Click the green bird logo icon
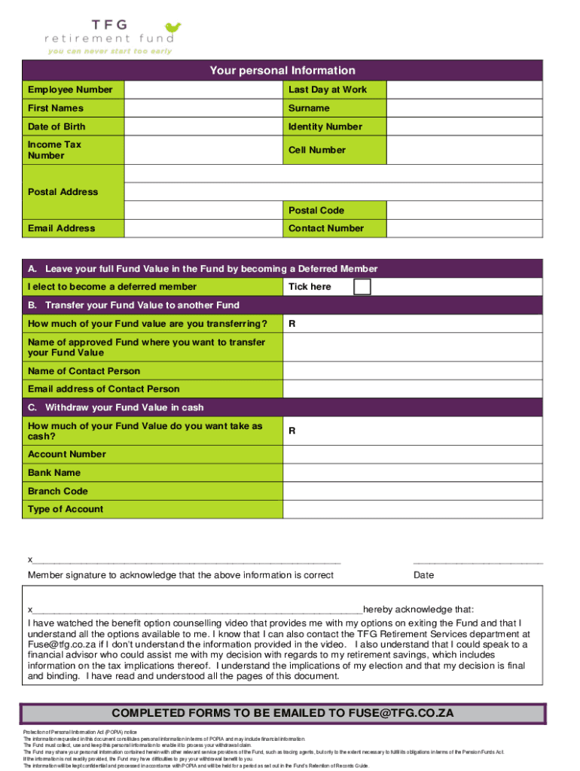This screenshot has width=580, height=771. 173,29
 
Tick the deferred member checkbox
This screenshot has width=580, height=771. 362,287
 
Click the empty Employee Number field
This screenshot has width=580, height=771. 204,90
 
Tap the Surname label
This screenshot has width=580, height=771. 309,108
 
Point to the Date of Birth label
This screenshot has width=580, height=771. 56,126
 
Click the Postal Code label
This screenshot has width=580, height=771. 316,210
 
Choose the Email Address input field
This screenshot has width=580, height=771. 204,228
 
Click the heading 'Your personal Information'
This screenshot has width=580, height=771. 282,71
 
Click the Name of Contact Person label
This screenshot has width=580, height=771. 84,371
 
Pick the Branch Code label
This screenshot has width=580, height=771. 58,491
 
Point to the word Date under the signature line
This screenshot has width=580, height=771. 423,576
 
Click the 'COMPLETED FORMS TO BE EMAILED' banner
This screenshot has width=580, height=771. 282,713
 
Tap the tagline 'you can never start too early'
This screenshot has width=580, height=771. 110,51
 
